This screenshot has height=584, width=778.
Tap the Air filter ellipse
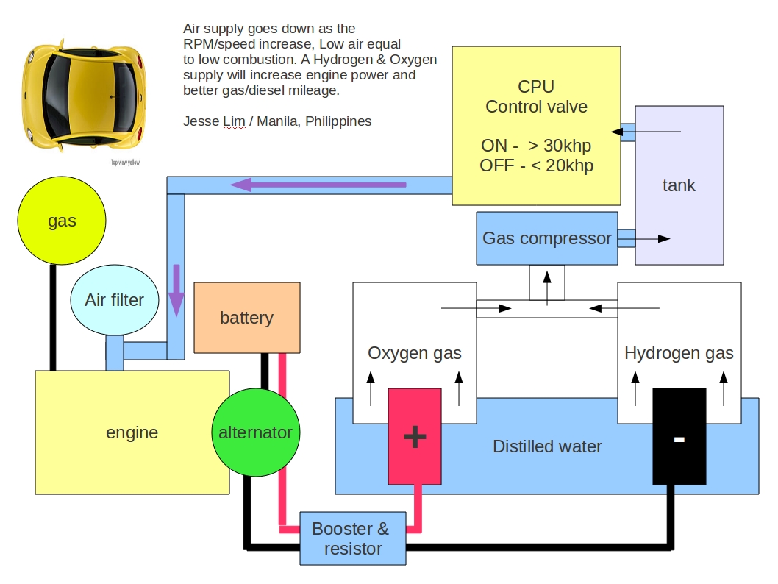pyautogui.click(x=114, y=299)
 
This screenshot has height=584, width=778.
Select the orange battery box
pyautogui.click(x=246, y=317)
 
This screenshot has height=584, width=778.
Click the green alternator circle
pyautogui.click(x=255, y=432)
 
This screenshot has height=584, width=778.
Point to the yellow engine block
pyautogui.click(x=132, y=432)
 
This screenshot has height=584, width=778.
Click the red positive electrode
pyautogui.click(x=415, y=437)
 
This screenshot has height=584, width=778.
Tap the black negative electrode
pyautogui.click(x=679, y=437)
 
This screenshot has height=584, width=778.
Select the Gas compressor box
pyautogui.click(x=546, y=238)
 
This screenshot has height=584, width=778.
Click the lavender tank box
pyautogui.click(x=678, y=185)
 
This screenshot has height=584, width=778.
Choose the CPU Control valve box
pyautogui.click(x=536, y=126)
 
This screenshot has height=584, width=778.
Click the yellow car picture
pyautogui.click(x=82, y=95)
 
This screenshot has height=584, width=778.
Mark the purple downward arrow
pyautogui.click(x=176, y=291)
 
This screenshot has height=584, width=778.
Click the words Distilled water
pyautogui.click(x=547, y=446)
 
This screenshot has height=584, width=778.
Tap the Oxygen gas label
pyautogui.click(x=415, y=353)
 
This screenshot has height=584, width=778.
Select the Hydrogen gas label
pyautogui.click(x=679, y=353)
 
